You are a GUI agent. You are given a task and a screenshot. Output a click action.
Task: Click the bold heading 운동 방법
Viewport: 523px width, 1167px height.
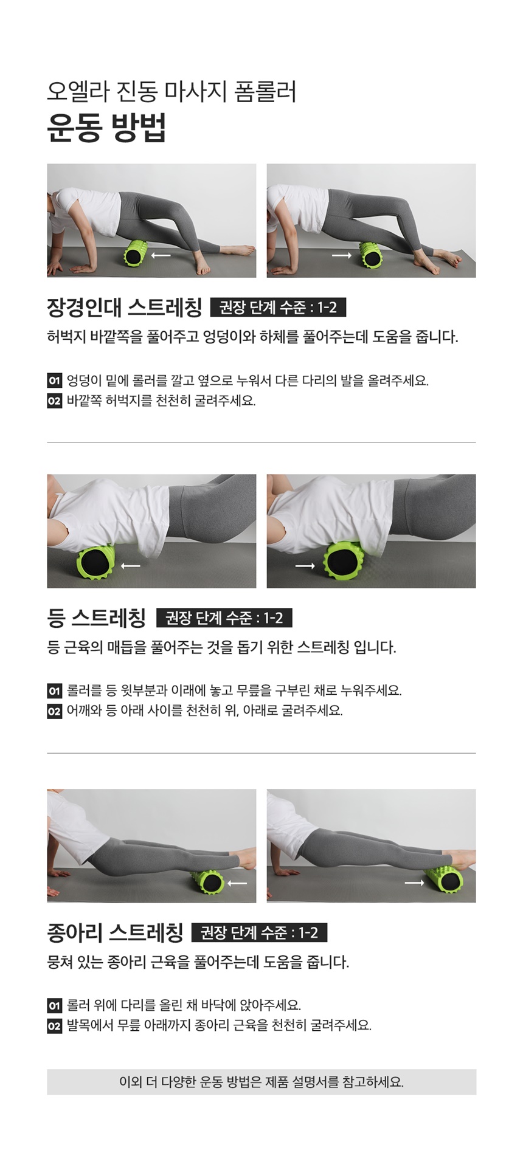[x=106, y=127]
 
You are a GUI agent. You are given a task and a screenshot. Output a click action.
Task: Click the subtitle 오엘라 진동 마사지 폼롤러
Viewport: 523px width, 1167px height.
[x=171, y=91]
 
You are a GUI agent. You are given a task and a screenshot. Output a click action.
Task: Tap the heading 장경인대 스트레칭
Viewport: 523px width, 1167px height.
[x=124, y=308]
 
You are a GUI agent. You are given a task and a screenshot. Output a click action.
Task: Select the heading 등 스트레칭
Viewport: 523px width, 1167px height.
[x=97, y=618]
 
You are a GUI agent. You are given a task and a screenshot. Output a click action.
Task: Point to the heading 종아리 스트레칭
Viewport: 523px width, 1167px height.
[x=115, y=932]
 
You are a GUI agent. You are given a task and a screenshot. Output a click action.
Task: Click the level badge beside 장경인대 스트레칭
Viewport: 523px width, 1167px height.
[x=278, y=308]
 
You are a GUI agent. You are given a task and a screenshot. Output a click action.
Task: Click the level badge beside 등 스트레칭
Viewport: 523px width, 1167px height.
[x=224, y=618]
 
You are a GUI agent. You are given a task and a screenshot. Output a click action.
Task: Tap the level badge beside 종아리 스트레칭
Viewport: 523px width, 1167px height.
[x=260, y=932]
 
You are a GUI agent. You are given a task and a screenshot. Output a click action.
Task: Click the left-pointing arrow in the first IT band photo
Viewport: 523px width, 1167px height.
[x=161, y=255]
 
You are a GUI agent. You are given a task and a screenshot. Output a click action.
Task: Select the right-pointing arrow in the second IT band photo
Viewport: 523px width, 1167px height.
[x=341, y=255]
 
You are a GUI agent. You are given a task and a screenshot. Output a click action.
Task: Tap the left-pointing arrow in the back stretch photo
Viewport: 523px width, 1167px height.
[x=130, y=566]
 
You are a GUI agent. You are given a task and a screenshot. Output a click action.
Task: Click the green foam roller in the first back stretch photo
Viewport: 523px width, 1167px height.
[x=96, y=561]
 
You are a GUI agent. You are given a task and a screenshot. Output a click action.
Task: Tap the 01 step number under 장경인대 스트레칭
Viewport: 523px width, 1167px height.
[x=54, y=381]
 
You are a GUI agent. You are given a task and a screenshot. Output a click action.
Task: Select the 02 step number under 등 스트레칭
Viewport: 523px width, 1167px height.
[x=54, y=711]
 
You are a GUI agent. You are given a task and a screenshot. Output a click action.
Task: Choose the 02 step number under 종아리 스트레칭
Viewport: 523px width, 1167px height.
[x=54, y=1026]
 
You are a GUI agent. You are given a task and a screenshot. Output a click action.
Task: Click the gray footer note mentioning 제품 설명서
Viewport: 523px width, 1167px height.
[x=261, y=1082]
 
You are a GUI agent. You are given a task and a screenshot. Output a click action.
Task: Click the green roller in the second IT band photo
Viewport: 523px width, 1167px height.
[x=370, y=254]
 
